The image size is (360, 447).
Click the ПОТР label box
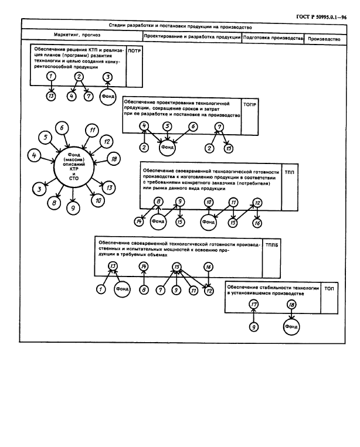pos(134,51)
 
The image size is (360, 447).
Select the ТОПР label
pos(249,103)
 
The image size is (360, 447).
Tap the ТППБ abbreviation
pos(272,243)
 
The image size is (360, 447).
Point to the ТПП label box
pos(290,173)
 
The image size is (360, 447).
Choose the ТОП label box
pos(328,289)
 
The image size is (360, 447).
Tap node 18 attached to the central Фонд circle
pos(114,159)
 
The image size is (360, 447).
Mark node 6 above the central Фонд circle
pos(62,127)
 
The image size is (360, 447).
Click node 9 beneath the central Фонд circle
pos(73,208)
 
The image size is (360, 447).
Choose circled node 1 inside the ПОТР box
pos(52,76)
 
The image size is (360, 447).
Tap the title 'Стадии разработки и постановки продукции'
pos(180,26)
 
